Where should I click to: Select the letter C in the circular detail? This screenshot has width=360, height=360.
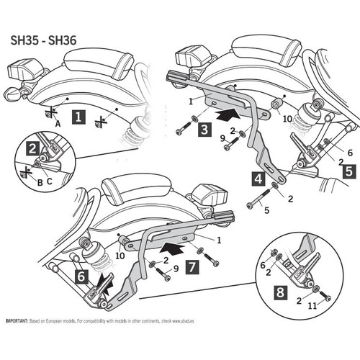(48, 181)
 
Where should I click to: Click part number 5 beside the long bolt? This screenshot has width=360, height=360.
(266, 211)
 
